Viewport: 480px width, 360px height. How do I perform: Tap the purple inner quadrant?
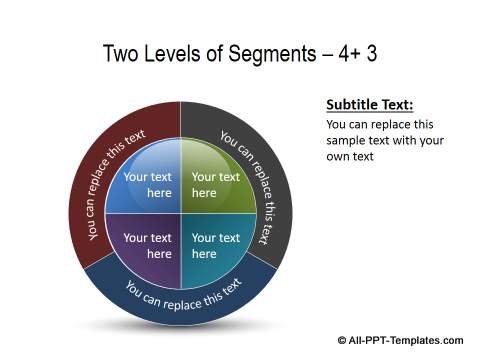coord(146,246)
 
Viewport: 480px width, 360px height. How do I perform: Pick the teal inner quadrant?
coord(215,246)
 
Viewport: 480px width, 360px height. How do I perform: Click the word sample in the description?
coord(346,141)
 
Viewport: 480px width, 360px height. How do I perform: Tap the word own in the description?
coord(340,157)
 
